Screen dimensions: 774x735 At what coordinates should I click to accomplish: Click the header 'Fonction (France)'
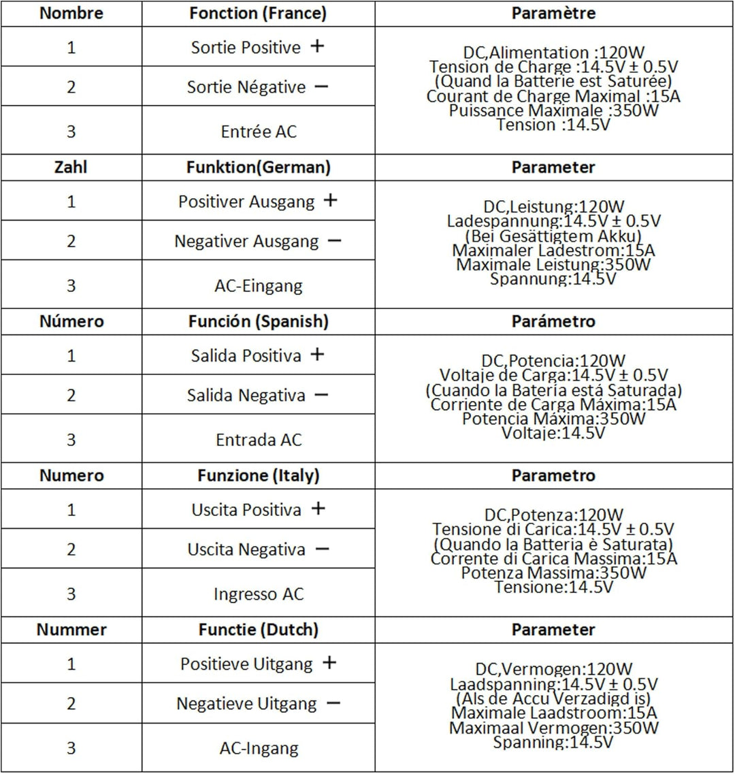pos(258,13)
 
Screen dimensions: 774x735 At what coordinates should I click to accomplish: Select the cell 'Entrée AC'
pos(259,131)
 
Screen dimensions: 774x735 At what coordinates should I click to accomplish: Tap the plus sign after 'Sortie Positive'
pos(316,46)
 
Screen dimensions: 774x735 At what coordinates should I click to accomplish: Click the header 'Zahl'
pos(71,167)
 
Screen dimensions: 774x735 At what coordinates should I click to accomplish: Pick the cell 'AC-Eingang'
pos(259,286)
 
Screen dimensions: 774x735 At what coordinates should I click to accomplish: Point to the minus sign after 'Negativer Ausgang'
pos(333,240)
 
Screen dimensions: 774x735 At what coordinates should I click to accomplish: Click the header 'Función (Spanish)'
pos(258,321)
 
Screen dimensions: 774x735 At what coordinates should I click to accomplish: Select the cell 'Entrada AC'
pos(259,440)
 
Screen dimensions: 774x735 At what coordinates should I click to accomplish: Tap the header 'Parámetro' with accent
pos(553,321)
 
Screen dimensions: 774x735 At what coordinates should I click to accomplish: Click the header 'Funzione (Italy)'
pos(258,475)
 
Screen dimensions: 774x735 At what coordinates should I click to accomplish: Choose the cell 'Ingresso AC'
pos(259,594)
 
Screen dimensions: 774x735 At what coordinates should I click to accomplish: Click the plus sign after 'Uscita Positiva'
pos(317,509)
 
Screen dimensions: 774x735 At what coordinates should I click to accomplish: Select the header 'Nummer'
pos(71,630)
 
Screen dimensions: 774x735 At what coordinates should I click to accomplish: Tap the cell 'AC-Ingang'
pos(259,749)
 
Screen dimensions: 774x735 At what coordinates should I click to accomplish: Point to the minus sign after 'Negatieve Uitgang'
pos(333,703)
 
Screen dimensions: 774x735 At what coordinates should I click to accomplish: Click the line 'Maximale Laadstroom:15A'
pos(553,713)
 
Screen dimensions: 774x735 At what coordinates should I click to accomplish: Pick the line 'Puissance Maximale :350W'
pos(553,110)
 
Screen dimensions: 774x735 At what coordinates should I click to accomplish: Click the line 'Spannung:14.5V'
pos(553,279)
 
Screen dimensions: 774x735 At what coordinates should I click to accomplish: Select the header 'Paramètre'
pos(553,13)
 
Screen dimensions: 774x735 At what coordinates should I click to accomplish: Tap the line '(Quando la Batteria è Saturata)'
pos(553,544)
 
